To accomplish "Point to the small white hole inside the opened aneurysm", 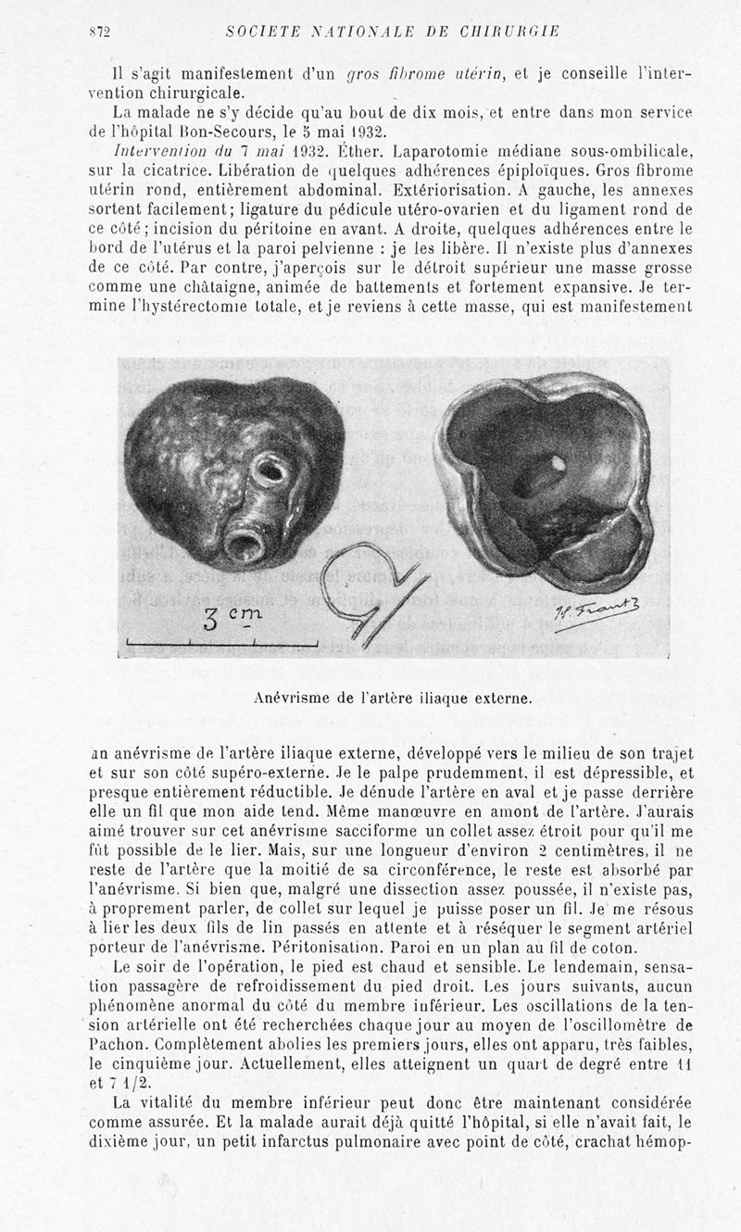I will tap(559, 461).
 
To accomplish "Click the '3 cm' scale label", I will tap(232, 618).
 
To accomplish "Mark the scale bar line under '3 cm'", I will tap(222, 643).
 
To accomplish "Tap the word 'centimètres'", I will tap(518, 850).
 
